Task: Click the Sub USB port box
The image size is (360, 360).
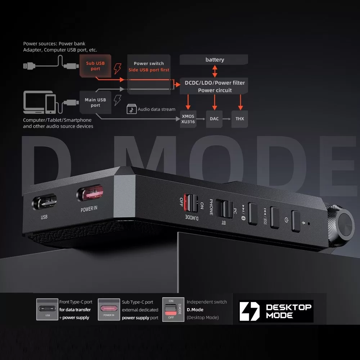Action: [x=95, y=66]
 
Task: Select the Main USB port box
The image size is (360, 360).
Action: [x=95, y=102]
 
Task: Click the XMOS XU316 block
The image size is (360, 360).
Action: [x=188, y=119]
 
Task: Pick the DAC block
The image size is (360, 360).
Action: [x=214, y=119]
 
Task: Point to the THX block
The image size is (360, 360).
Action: [x=240, y=119]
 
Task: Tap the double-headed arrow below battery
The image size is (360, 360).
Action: [x=215, y=71]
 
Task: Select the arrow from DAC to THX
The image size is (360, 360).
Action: [x=226, y=119]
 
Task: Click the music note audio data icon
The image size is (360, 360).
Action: [x=131, y=109]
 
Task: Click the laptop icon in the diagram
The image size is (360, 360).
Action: [x=37, y=102]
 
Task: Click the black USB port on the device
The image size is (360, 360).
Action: [x=44, y=202]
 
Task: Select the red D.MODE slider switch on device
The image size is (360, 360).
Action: [x=191, y=203]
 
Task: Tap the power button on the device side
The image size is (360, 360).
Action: [x=296, y=221]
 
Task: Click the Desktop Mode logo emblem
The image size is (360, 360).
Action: [x=249, y=311]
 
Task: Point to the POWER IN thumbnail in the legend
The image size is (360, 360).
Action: [x=109, y=310]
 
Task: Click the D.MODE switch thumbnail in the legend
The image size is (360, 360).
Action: [x=174, y=310]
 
